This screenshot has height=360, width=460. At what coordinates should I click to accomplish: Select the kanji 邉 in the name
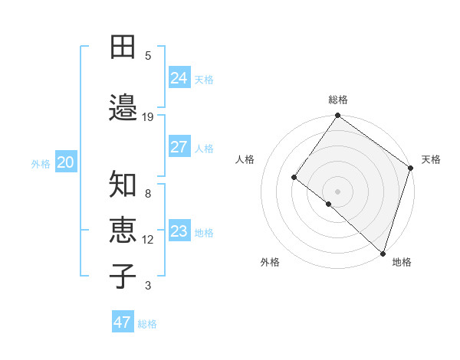coord(123,106)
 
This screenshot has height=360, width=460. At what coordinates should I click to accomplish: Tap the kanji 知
coord(123,185)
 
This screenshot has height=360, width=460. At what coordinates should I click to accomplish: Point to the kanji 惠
coord(123,231)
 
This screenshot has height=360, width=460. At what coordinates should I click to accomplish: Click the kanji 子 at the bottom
coord(123,276)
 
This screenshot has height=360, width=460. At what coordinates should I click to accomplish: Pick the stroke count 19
coord(148,117)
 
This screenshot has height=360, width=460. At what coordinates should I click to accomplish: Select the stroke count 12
coord(148,240)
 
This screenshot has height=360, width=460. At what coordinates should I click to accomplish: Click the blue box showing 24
coord(179,77)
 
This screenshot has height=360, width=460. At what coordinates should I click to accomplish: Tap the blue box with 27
coord(179,147)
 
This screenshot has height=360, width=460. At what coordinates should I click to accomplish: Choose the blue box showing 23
coord(179,231)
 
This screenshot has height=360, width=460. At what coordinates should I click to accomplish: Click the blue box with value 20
coord(66,162)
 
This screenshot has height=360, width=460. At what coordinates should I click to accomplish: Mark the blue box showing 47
coord(123,322)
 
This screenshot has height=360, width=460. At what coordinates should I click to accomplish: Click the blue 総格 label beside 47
coord(147,324)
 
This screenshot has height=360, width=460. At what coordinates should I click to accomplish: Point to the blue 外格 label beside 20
coord(41,163)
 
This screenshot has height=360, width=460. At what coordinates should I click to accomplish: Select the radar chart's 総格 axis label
coord(338,100)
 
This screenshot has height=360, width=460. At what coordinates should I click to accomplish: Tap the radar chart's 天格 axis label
coord(431,159)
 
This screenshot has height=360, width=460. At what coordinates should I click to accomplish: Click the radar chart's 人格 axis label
coord(245,159)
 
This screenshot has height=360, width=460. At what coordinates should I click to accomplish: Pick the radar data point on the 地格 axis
coord(382,253)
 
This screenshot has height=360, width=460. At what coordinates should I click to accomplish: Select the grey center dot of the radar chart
coord(337,191)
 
